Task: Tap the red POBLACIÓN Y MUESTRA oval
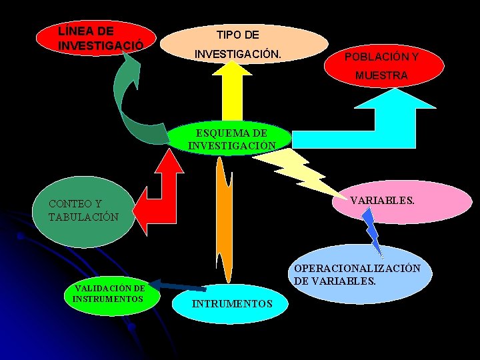point(381,66)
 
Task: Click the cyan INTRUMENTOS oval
point(232,303)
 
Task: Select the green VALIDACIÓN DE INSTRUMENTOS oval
point(109,293)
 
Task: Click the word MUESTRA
point(381,76)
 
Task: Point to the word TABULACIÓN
point(84,217)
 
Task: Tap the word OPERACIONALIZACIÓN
point(357,268)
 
